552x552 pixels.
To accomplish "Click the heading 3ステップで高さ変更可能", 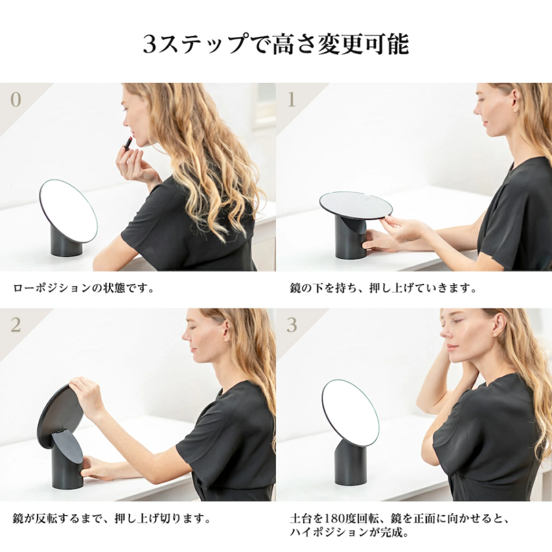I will coord(276,45).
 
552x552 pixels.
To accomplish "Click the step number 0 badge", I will coord(16,100).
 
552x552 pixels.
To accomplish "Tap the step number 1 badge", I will coord(292,100).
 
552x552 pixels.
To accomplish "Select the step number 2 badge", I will coord(16,325).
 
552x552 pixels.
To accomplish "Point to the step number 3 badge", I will coord(292,325).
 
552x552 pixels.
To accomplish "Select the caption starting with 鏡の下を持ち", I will coord(382,288).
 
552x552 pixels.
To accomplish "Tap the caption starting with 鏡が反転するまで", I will coord(112,519).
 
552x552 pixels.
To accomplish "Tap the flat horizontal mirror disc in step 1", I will coord(356,204).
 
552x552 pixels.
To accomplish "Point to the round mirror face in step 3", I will coord(350,413).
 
